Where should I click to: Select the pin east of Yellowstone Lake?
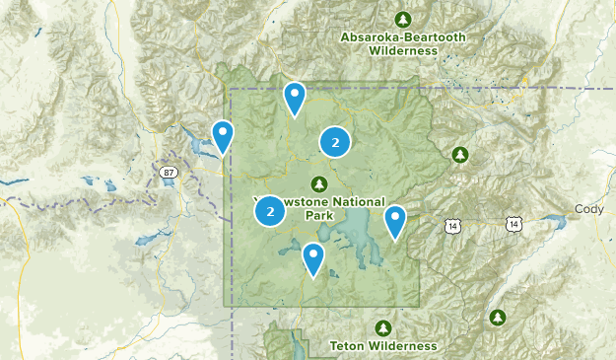pos(395,221)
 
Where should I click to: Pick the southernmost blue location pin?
pos(313,258)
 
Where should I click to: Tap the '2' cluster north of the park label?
pos(335,143)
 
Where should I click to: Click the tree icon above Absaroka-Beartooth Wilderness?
pos(402,20)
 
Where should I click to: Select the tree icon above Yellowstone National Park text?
pos(318,183)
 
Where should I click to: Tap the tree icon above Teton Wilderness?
pos(382,327)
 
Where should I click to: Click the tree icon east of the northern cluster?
pos(459,155)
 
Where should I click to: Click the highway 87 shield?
pos(170,173)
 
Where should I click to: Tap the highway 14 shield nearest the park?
pos(452,226)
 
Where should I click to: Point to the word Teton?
pos(349,346)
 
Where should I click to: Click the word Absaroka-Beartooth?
pos(401,37)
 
